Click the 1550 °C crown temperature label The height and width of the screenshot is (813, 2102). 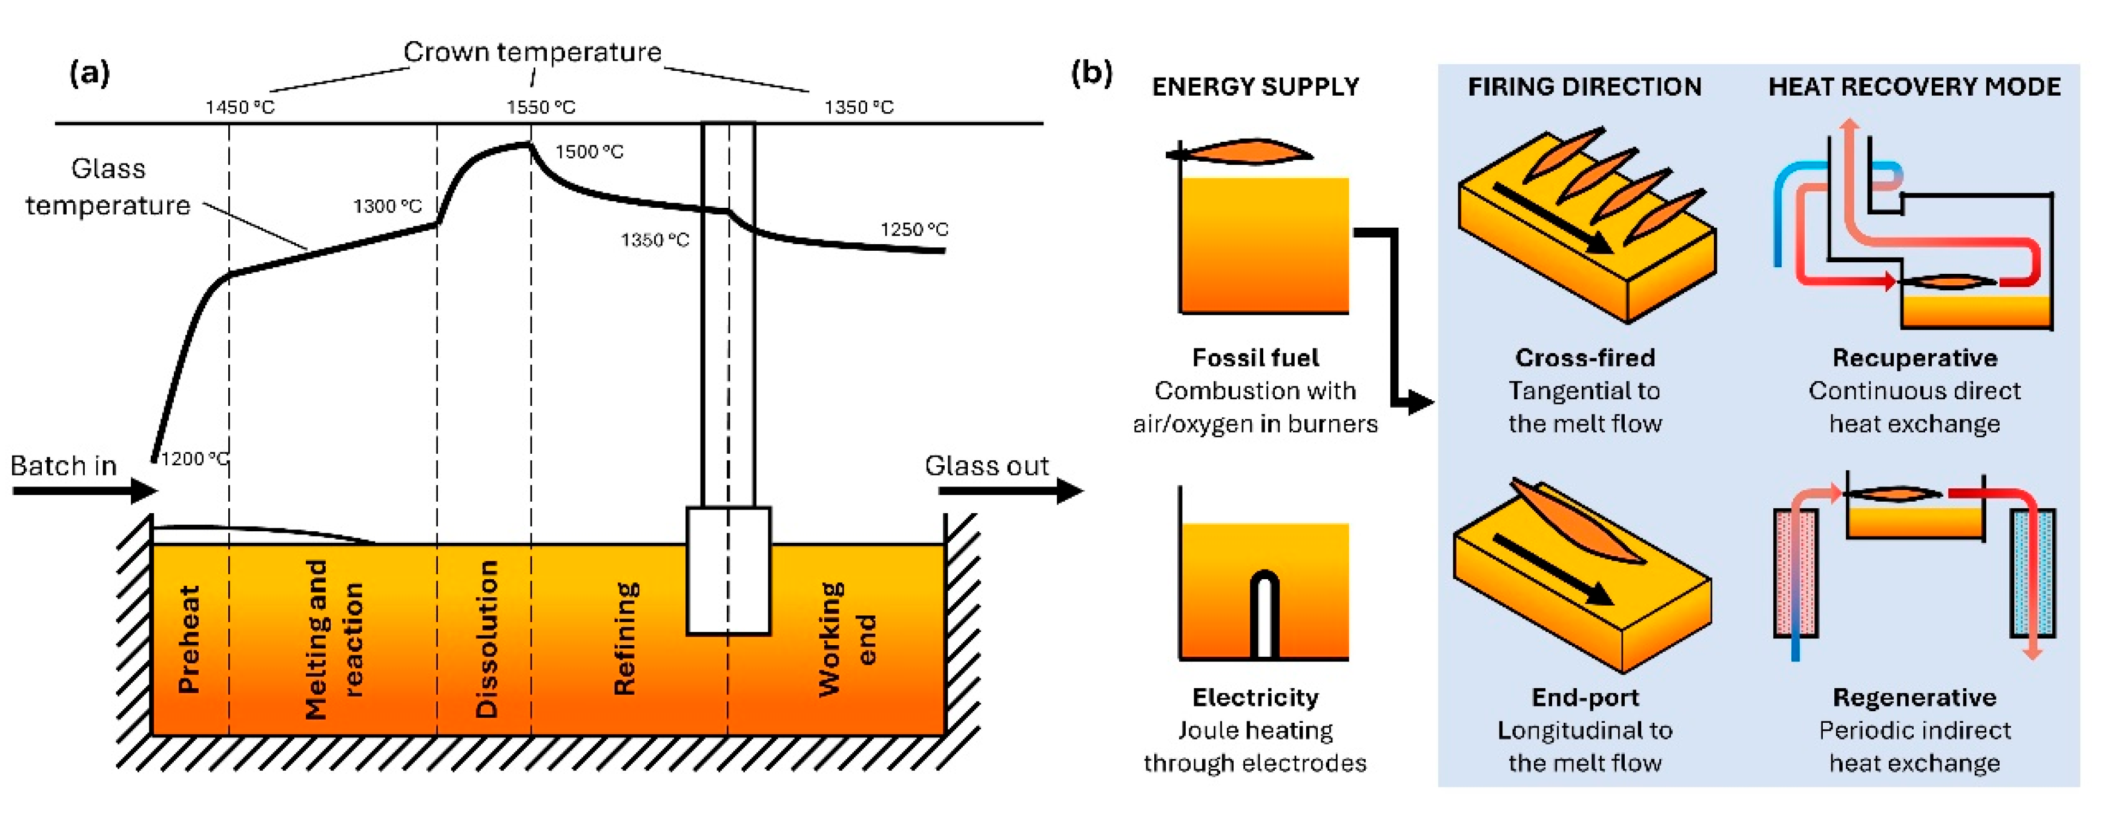540,107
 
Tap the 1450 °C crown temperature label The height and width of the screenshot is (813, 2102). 239,107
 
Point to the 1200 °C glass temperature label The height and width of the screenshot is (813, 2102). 194,459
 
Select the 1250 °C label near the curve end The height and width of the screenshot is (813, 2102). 914,230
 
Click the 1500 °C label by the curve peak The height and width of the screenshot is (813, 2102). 589,152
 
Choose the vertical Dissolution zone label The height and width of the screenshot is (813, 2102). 487,639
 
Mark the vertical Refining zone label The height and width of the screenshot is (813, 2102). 625,639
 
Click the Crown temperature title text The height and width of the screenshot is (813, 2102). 532,52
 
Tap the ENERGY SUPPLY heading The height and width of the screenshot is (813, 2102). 1255,87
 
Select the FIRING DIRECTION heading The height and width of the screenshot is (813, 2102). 1585,87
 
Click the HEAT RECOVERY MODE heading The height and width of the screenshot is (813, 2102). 1914,87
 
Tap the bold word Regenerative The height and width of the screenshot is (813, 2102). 1914,697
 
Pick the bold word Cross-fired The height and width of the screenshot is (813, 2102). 1585,357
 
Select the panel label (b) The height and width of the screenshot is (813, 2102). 1091,73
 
